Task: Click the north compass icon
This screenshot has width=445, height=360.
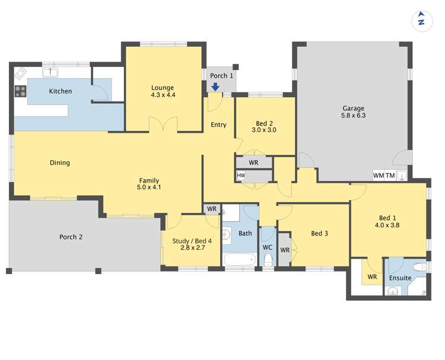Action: point(421,20)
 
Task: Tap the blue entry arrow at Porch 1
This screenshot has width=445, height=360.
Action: point(215,87)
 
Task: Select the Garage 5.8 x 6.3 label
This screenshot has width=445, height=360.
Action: point(354,112)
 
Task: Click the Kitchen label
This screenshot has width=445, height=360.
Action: point(61,91)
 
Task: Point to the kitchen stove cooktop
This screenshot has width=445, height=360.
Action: point(21,91)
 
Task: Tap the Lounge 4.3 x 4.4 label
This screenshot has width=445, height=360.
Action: point(163,91)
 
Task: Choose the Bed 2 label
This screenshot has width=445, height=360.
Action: point(264,126)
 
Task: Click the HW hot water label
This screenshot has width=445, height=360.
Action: point(241,176)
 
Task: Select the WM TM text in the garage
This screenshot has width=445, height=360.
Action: point(384,176)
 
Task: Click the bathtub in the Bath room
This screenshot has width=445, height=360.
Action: point(240,260)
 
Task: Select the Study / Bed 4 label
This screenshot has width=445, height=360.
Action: point(189,244)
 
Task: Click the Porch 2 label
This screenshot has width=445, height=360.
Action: point(71,237)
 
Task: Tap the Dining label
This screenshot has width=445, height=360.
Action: point(60,163)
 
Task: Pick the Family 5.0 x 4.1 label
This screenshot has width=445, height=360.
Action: point(149,184)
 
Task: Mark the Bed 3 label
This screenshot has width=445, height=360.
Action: point(319,233)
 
